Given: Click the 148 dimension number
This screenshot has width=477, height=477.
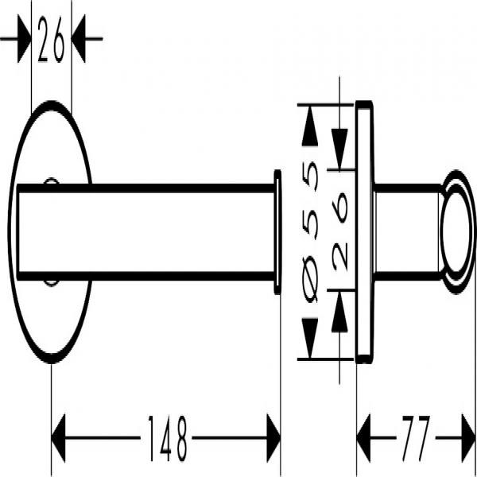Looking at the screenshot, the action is point(167,438).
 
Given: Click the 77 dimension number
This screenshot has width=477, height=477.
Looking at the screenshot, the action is point(416,438).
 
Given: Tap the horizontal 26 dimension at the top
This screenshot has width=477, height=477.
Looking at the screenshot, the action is point(51,39).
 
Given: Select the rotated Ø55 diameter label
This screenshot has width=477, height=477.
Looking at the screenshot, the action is point(311,232).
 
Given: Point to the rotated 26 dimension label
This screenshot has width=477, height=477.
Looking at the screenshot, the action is point(339,231).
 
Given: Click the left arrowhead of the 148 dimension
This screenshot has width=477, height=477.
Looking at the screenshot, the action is point(58,438).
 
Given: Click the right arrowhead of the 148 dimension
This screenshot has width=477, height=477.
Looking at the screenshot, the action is point(273,438).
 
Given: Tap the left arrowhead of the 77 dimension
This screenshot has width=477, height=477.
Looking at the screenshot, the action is point(363,438).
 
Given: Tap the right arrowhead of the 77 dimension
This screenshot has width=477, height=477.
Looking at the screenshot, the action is point(468,438).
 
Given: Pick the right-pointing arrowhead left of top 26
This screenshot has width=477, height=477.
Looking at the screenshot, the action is point(25,39).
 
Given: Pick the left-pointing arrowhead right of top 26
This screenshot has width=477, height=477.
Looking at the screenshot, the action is point(79,39).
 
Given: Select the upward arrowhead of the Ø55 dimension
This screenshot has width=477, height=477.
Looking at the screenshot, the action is point(310,126).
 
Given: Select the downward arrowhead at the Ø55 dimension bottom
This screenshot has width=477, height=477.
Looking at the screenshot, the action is point(310,339).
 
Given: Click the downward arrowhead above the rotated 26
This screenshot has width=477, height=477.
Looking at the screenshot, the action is point(339,149).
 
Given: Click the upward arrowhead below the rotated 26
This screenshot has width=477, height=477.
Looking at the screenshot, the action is point(339,311).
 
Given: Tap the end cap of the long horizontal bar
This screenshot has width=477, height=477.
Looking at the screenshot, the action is point(277,232).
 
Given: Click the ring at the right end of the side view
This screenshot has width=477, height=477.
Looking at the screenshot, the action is point(458,232).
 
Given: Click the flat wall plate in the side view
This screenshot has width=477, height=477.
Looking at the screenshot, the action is point(364,232).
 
